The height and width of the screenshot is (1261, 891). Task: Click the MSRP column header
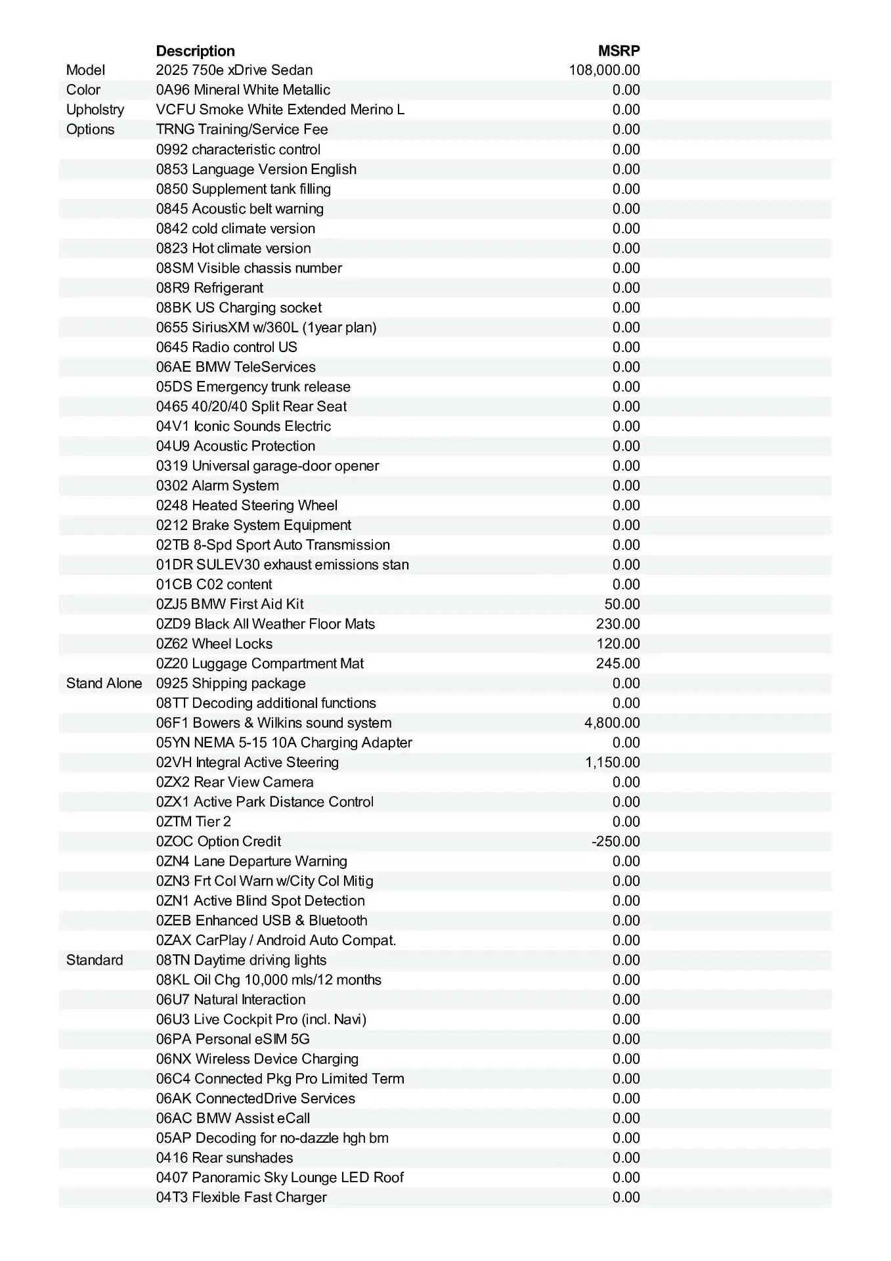click(619, 51)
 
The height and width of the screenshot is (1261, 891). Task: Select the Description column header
click(195, 51)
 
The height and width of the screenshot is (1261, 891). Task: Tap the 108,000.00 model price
click(604, 70)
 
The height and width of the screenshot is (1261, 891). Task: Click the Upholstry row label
click(95, 110)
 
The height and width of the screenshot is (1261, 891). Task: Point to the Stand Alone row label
click(104, 684)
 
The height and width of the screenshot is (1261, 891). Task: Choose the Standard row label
click(95, 960)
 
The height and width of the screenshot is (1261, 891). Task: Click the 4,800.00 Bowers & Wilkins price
click(612, 723)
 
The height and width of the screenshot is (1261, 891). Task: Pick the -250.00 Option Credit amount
click(615, 841)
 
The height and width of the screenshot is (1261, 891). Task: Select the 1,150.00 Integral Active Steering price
click(612, 763)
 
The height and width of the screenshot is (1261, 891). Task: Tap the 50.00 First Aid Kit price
click(622, 604)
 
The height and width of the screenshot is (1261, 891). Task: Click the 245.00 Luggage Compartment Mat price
click(618, 663)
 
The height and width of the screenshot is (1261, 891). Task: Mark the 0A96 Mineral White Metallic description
click(243, 90)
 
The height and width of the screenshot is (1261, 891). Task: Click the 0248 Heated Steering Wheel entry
click(246, 506)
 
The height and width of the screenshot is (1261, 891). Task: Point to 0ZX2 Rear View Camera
click(234, 782)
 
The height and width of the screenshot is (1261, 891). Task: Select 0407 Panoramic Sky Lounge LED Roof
click(280, 1178)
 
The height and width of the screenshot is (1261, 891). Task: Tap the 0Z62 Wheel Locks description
click(214, 644)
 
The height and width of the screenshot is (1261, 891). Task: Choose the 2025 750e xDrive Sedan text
click(234, 70)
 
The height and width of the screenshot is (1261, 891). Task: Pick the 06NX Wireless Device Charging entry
click(257, 1059)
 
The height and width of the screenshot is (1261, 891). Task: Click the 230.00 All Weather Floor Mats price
click(618, 624)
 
